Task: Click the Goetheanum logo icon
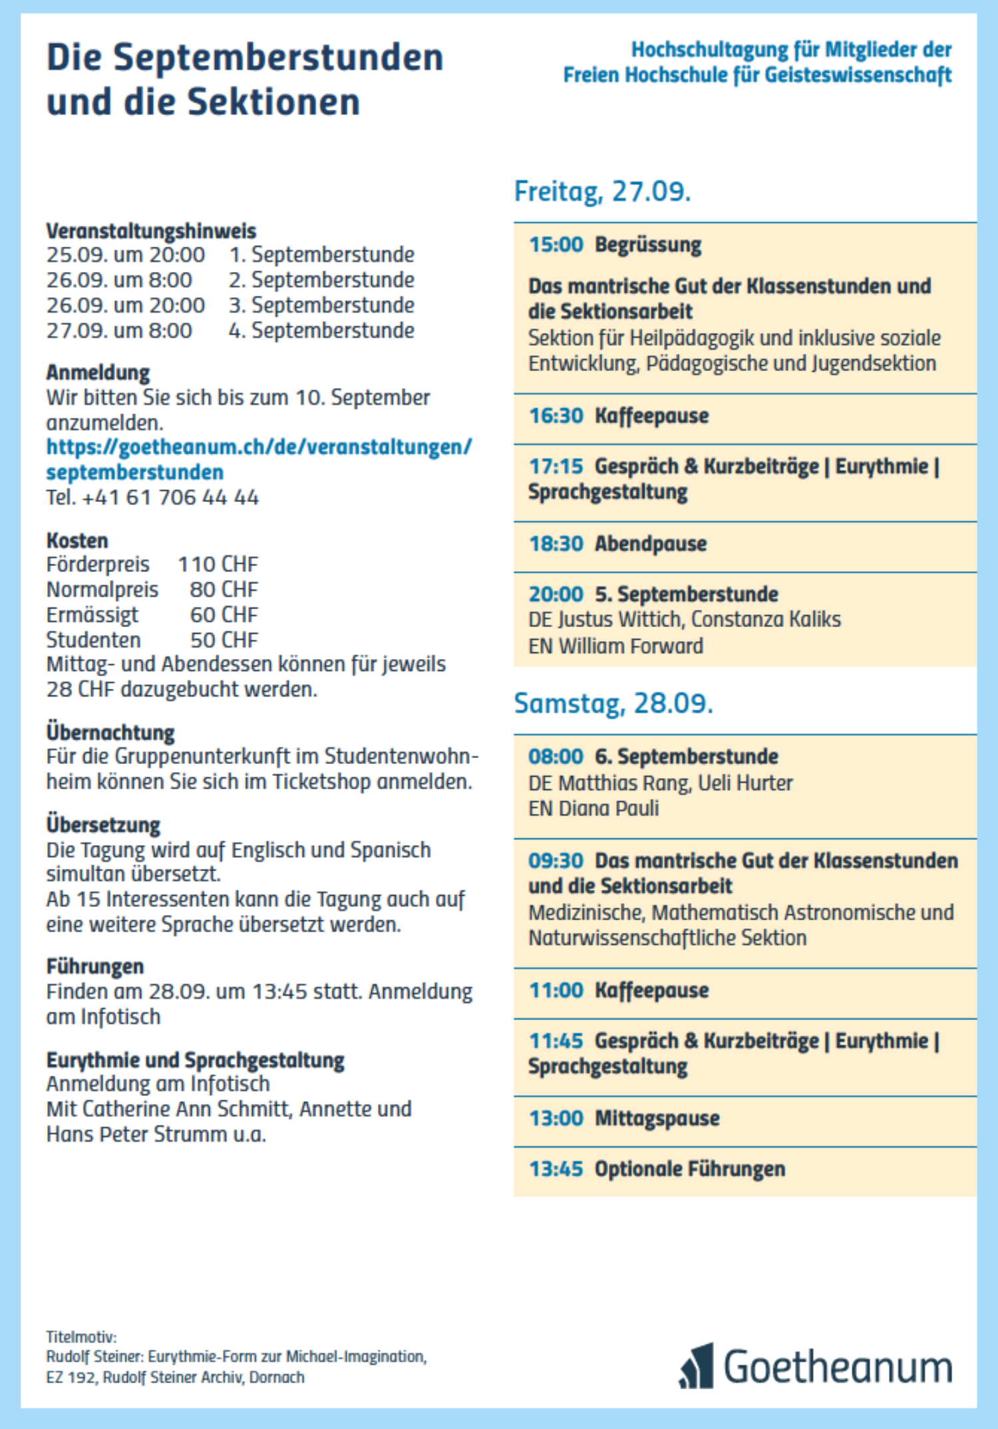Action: (697, 1366)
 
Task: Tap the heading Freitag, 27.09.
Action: (602, 192)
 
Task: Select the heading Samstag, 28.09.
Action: (613, 704)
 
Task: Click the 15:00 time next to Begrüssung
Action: (556, 245)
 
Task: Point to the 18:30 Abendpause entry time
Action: (556, 544)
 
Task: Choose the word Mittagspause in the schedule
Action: (657, 1118)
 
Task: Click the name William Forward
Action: (630, 646)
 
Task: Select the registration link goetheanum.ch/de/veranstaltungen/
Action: (259, 447)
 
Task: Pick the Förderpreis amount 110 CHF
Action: (218, 565)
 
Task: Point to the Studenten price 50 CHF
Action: (224, 640)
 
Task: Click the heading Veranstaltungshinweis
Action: (151, 231)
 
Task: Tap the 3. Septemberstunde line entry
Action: (321, 305)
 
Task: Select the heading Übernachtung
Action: (110, 732)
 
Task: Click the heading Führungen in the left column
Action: (95, 966)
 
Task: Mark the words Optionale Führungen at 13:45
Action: (689, 1169)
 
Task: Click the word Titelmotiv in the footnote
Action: (81, 1337)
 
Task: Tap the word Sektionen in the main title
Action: (273, 102)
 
